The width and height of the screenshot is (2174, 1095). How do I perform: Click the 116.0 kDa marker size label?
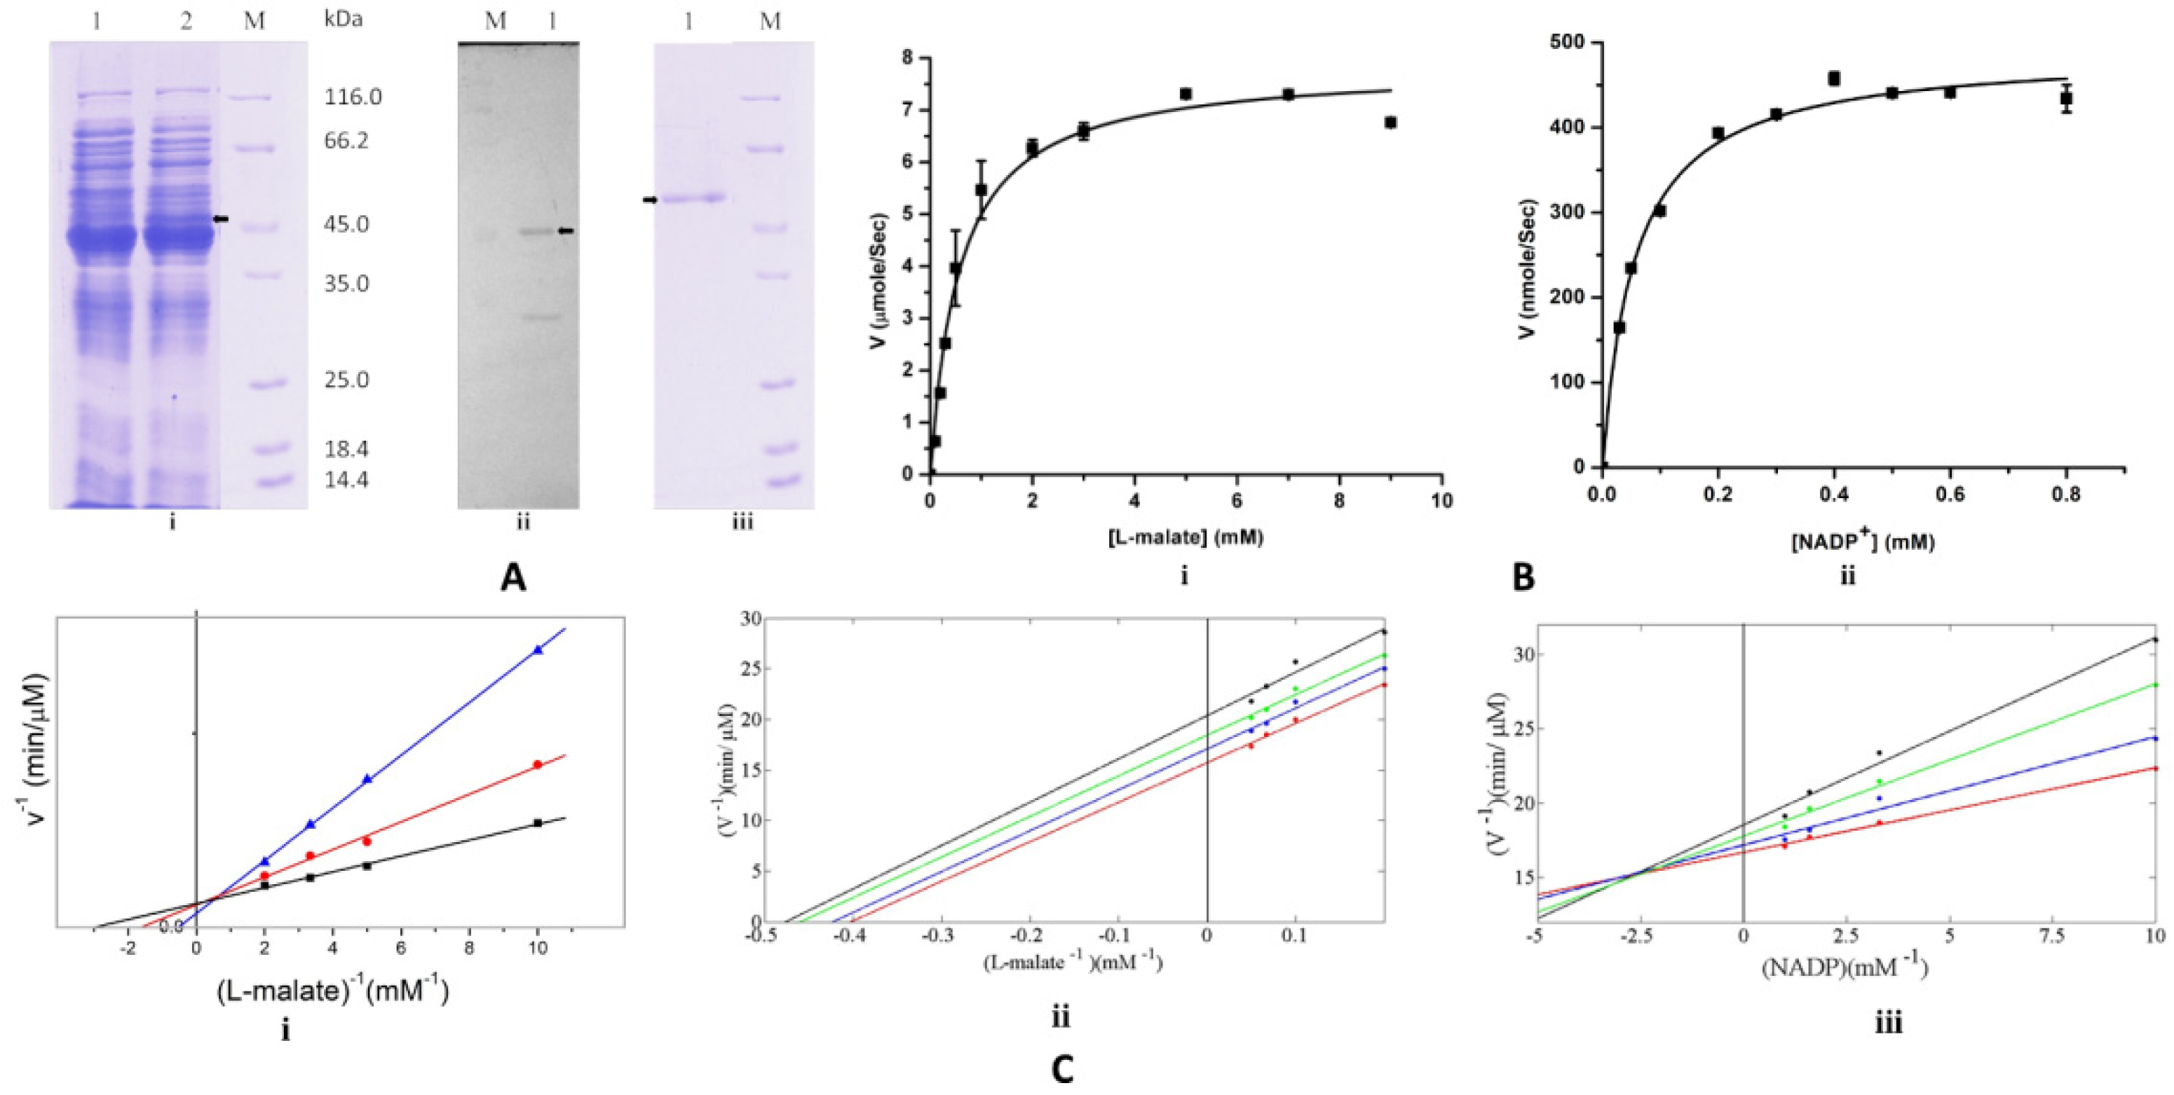coord(353,97)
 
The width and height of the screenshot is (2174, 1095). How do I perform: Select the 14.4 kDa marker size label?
coord(346,481)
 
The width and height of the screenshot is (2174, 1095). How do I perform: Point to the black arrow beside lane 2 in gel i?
coord(220,219)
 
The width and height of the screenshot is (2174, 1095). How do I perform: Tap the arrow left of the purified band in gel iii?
coord(650,200)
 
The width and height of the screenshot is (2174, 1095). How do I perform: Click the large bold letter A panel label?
coord(513,578)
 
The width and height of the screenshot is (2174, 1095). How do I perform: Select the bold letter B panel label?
coord(1523,578)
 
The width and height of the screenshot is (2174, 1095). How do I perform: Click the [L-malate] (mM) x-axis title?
coord(1185,537)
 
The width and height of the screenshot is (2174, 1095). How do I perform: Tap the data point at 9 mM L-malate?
coord(1390,123)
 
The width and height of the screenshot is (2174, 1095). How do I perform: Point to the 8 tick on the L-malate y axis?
coord(908,58)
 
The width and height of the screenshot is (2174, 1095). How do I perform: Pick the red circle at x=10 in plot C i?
coord(538,764)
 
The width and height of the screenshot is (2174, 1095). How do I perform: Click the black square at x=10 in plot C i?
coord(538,822)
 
